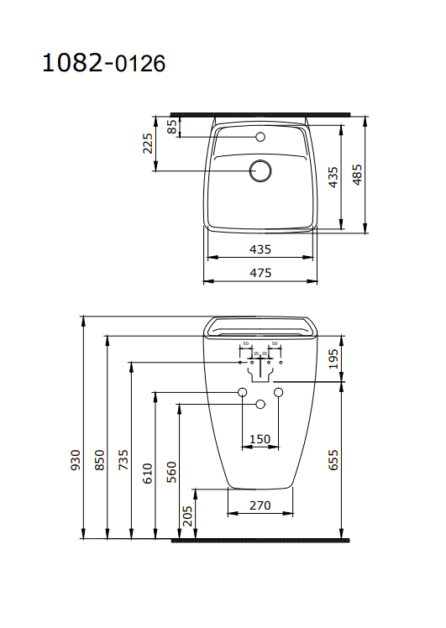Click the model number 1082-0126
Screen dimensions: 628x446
coord(104,62)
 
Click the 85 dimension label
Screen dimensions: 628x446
coord(171,126)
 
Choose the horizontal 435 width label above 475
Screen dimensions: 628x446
coord(260,249)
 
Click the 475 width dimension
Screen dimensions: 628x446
coord(260,272)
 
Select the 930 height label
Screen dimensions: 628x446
coord(76,459)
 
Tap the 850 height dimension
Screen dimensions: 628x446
coord(99,459)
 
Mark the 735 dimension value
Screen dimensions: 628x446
coord(123,459)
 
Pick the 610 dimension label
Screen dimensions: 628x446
coord(147,471)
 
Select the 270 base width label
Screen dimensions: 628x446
coord(260,505)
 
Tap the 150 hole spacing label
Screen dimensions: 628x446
coord(260,439)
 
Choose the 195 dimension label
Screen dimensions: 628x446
coord(333,358)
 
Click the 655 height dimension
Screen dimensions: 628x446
coord(333,459)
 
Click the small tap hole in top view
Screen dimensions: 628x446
coord(260,136)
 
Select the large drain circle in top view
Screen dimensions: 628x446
coord(260,171)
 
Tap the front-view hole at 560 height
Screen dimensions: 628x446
coord(260,405)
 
